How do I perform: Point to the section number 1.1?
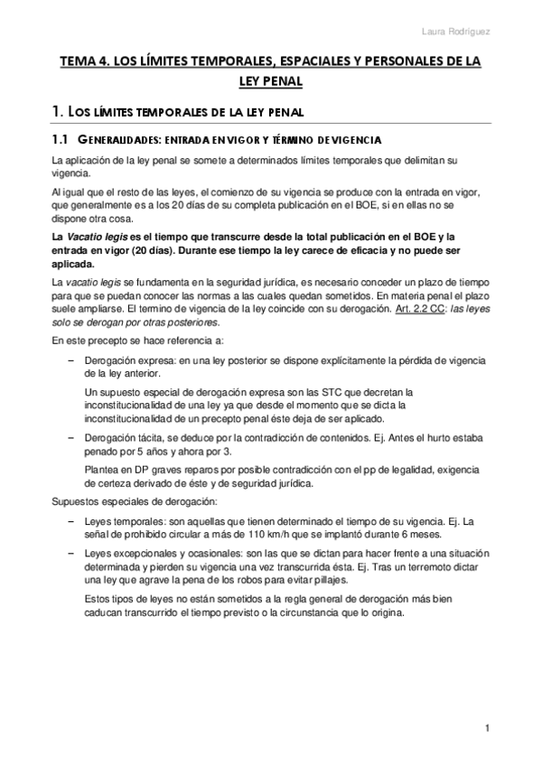coord(61,141)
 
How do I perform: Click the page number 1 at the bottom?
coord(486,728)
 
